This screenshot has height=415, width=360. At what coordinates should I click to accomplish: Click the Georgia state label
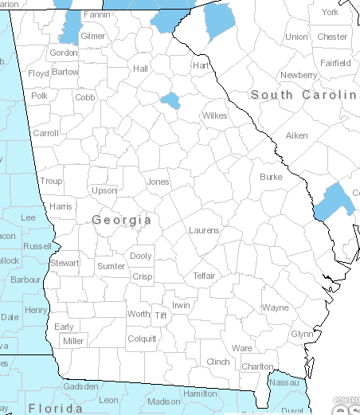(x=121, y=220)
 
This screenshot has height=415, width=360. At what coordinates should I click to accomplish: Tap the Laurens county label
(x=204, y=230)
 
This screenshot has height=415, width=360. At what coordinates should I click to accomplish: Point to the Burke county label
(x=271, y=177)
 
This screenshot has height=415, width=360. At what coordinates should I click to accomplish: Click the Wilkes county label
(x=214, y=115)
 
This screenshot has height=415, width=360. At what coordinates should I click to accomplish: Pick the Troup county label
(x=51, y=182)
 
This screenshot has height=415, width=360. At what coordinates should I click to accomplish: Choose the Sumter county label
(x=111, y=266)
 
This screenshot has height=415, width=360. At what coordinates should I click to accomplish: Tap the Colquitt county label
(x=143, y=339)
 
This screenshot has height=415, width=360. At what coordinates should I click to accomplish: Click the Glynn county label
(x=302, y=334)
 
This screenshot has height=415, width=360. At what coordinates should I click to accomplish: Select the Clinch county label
(x=218, y=362)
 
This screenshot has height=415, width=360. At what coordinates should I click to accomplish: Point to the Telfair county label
(x=204, y=276)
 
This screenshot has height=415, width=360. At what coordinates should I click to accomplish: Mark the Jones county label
(x=158, y=182)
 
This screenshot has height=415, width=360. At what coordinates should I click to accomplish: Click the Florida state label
(x=55, y=408)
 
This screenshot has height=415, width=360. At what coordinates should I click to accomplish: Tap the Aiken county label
(x=296, y=136)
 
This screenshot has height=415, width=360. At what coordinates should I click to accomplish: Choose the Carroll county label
(x=45, y=133)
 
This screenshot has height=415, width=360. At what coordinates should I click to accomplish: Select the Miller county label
(x=73, y=341)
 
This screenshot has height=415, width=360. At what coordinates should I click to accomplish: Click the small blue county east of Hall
(x=169, y=100)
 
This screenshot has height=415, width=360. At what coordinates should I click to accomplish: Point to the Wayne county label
(x=275, y=307)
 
